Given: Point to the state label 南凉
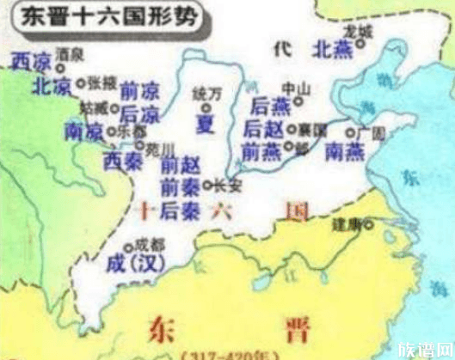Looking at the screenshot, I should click(83, 131).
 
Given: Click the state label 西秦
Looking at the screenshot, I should click(120, 158).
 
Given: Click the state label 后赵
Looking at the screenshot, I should click(263, 129).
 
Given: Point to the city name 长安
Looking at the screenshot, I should click(226, 183).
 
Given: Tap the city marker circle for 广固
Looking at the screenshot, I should click(351, 133).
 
